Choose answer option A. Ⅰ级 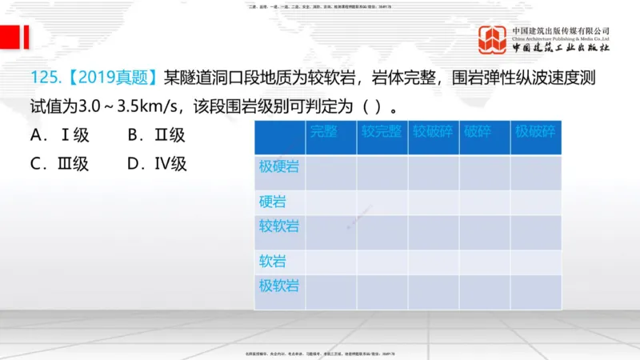click(x=59, y=135)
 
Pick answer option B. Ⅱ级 click(x=157, y=135)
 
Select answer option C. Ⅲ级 click(x=59, y=164)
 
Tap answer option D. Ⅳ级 click(x=158, y=164)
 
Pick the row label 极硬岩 click(x=279, y=166)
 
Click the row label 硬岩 click(x=272, y=201)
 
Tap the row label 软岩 click(x=272, y=261)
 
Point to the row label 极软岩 click(x=279, y=285)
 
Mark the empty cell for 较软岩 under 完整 click(x=331, y=232)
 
